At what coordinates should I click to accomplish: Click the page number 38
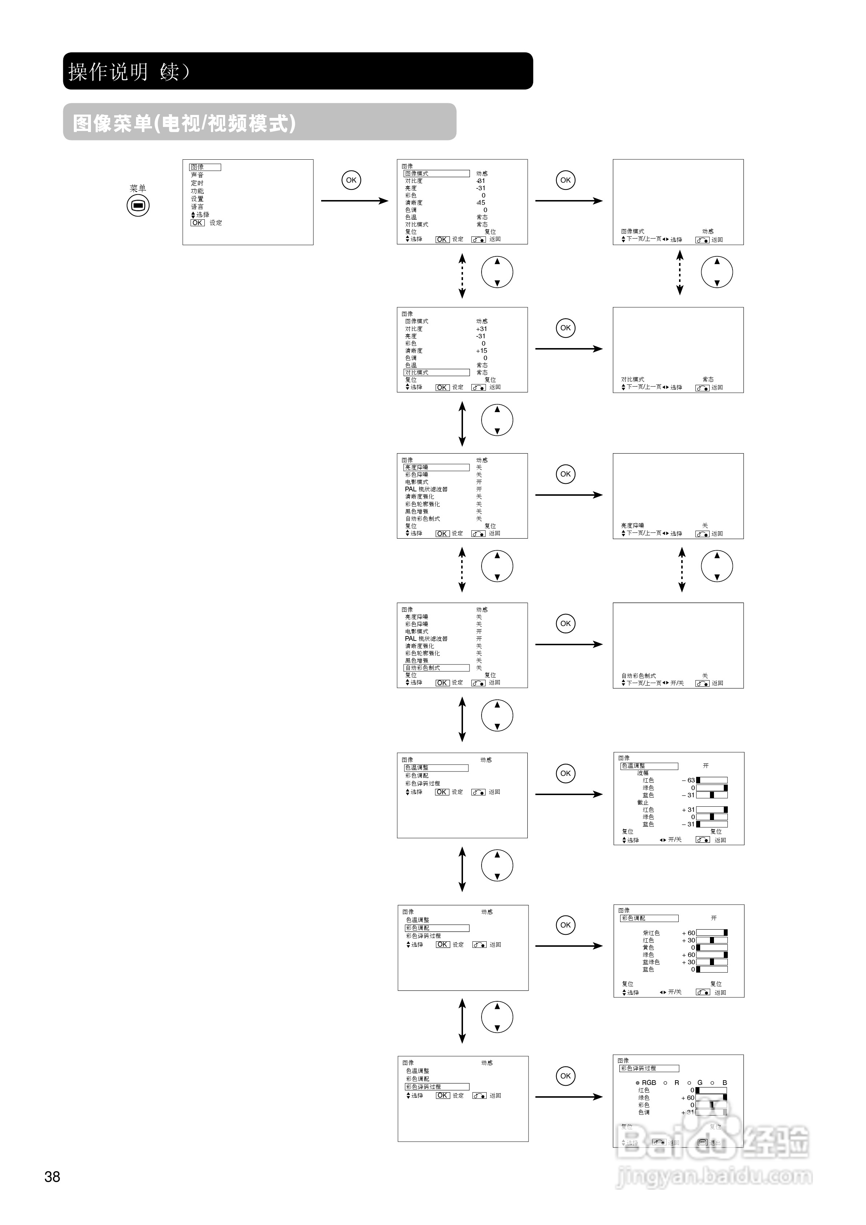(52, 1177)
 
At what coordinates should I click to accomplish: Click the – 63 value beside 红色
(688, 780)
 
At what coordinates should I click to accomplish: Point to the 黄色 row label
(648, 947)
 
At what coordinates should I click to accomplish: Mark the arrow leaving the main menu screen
(354, 201)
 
